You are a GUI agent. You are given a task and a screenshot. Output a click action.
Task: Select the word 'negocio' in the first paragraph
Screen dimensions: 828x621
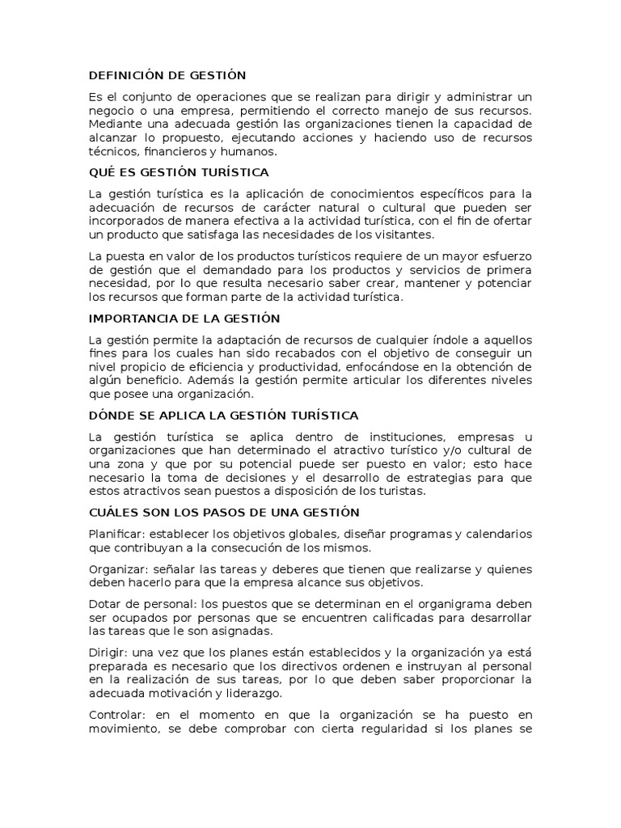[112, 110]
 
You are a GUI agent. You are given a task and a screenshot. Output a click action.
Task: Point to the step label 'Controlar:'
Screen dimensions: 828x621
[117, 715]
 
